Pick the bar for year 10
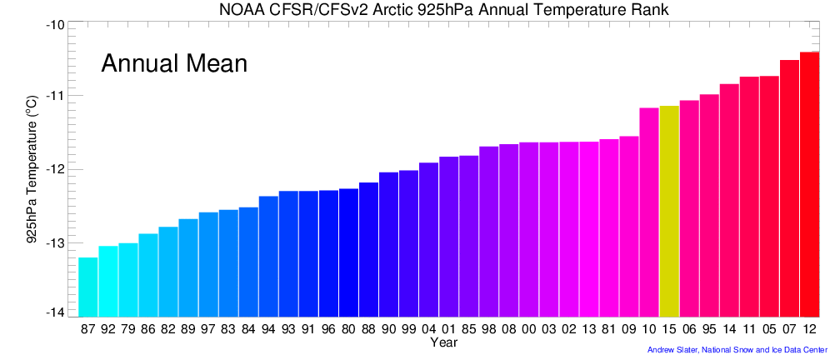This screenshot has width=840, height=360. (x=649, y=209)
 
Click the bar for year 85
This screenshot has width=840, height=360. (x=468, y=233)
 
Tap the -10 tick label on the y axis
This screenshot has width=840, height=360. (x=55, y=24)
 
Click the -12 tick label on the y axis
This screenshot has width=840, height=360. (x=55, y=169)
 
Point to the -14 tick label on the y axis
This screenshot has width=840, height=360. (x=55, y=312)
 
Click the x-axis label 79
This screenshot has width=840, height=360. (x=128, y=329)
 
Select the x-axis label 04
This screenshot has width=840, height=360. (x=428, y=329)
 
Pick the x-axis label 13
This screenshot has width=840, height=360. (x=589, y=329)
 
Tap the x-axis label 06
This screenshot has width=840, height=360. (x=689, y=329)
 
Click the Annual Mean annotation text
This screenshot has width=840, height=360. (x=174, y=63)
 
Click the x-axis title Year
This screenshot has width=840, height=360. (x=443, y=342)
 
